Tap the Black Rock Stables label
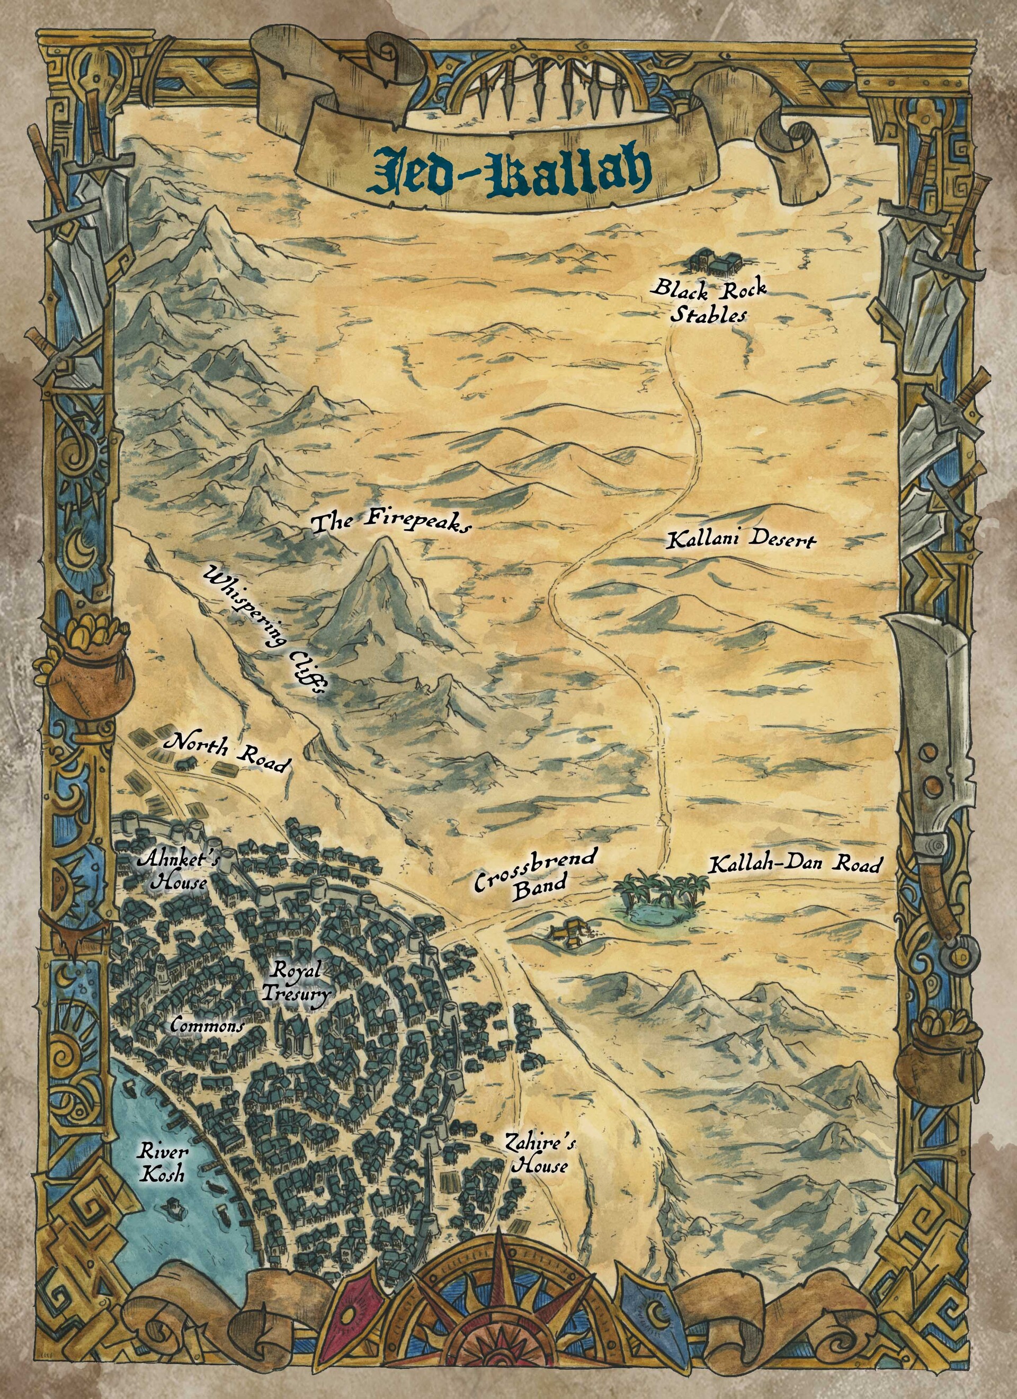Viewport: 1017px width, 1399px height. [x=710, y=301]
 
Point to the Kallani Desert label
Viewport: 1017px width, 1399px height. [x=741, y=540]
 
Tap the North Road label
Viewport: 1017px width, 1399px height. [x=225, y=752]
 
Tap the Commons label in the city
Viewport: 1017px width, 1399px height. [x=207, y=1025]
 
